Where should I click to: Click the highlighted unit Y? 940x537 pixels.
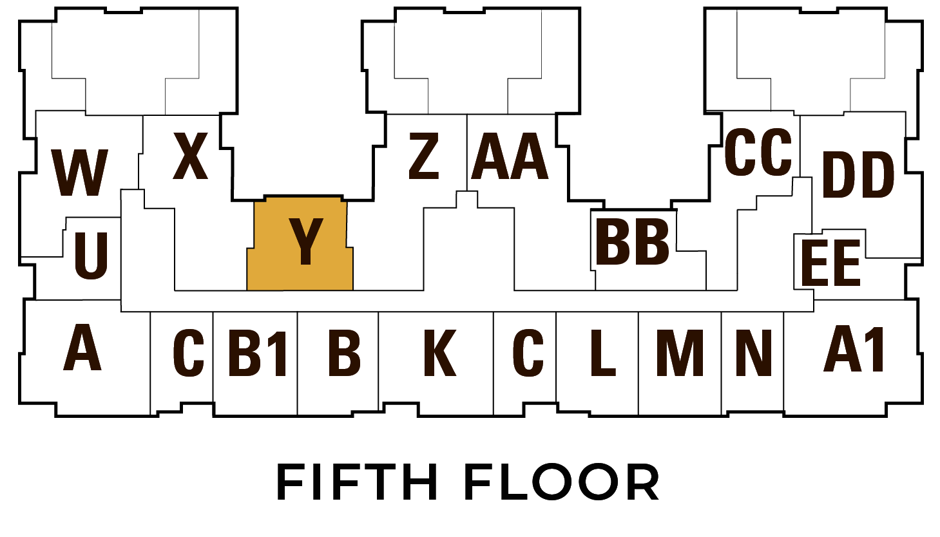tap(300, 243)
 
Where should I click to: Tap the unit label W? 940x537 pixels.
tap(80, 173)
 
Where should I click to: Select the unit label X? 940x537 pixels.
tap(191, 156)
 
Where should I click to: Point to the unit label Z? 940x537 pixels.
tap(424, 156)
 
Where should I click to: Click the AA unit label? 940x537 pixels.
tap(510, 156)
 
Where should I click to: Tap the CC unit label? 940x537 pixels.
tap(758, 152)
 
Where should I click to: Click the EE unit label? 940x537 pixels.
tap(831, 263)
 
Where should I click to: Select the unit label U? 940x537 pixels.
tap(91, 256)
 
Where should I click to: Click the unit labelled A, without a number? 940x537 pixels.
tap(82, 347)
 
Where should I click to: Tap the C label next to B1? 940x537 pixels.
tap(188, 353)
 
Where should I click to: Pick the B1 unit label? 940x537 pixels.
tap(258, 353)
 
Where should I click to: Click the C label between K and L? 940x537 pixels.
tap(528, 353)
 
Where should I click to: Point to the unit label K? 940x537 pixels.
tap(440, 353)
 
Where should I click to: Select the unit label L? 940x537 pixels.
tap(602, 353)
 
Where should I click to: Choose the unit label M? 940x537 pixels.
tap(680, 353)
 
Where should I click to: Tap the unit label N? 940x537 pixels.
tap(754, 353)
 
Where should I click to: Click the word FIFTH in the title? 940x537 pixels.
tap(357, 482)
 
